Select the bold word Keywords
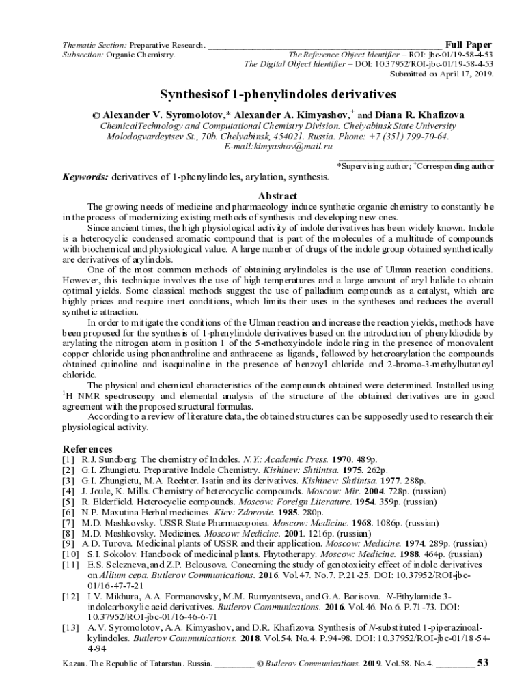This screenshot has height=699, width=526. tap(85, 177)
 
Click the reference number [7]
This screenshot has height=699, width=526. tap(69, 522)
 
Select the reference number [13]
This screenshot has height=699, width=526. tap(71, 627)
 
